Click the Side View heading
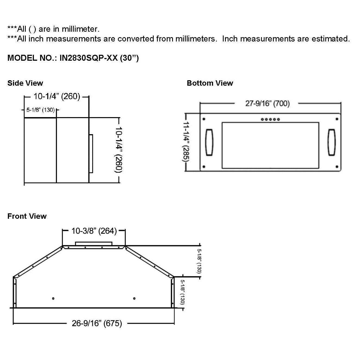click(25, 83)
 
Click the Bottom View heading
click(210, 83)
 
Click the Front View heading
click(27, 216)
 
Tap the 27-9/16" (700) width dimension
click(267, 104)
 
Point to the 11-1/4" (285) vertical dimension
click(186, 142)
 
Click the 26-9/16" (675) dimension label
click(97, 323)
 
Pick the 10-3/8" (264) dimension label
click(94, 231)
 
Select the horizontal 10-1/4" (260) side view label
click(57, 97)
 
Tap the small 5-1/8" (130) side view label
click(40, 110)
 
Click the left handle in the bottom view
click(209, 142)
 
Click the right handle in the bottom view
click(332, 142)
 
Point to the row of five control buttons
click(270, 119)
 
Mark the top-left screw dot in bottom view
click(204, 119)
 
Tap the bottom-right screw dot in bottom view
click(337, 166)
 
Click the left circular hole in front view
click(53, 298)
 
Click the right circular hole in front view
click(134, 298)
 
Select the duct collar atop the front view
click(94, 243)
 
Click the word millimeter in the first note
click(80, 29)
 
